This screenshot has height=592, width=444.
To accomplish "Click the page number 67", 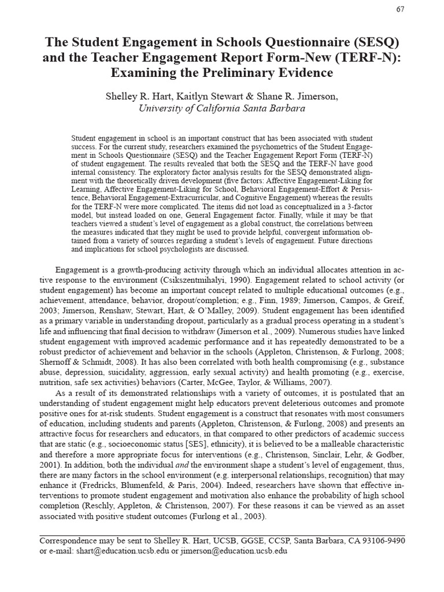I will pyautogui.click(x=401, y=9).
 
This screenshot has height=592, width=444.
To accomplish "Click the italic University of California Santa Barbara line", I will pyautogui.click(x=222, y=109).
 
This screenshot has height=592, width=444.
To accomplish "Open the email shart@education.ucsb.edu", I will pyautogui.click(x=120, y=551).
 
